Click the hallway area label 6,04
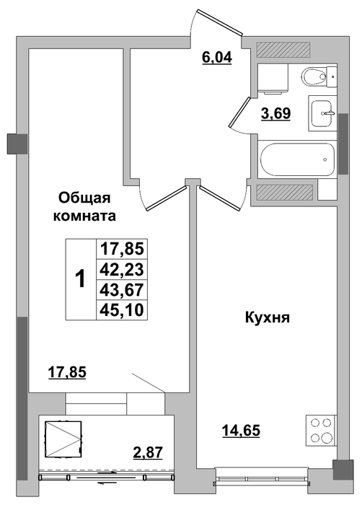pos(217,58)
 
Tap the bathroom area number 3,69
pos(276,113)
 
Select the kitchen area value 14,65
pos(242,431)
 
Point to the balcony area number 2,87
pos(148,452)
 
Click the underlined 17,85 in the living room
pos(67,373)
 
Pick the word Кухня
pos(268,318)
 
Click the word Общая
pos(84,198)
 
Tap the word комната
pos(84,216)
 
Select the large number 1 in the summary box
pos(81,279)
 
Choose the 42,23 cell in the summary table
pos(122,269)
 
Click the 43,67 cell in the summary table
pos(122,290)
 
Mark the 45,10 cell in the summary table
pos(122,310)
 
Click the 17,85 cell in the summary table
pos(122,249)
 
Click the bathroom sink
pos(322,113)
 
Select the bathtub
pos(297,159)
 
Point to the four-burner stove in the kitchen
pos(321,430)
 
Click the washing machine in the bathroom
pos(273,79)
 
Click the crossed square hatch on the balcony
pos(63,439)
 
